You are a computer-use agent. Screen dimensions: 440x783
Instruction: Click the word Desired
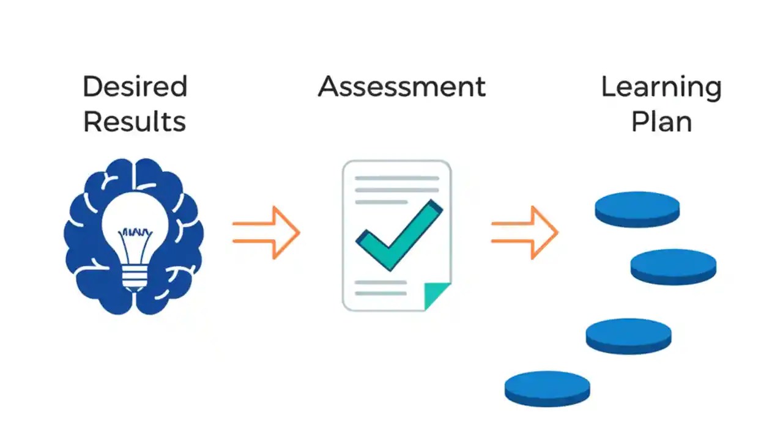[135, 87]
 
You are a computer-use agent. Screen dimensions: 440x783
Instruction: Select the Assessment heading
[402, 87]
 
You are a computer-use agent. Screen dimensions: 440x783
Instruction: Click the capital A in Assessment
[329, 87]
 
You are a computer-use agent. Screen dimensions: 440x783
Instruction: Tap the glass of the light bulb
[135, 214]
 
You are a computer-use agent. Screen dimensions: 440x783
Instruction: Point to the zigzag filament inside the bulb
[134, 232]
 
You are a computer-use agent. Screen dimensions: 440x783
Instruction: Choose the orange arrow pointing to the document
[266, 233]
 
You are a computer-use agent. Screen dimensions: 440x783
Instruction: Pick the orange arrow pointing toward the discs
[525, 233]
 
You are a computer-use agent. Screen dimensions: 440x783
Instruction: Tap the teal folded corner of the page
[436, 296]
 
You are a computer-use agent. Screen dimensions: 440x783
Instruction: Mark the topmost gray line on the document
[397, 178]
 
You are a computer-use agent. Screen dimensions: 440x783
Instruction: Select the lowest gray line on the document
[380, 293]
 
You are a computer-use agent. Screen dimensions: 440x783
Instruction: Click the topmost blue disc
[637, 208]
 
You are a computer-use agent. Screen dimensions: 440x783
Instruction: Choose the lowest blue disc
[547, 387]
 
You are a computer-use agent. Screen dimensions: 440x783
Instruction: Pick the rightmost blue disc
[674, 265]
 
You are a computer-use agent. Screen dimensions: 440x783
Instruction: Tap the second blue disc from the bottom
[628, 334]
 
